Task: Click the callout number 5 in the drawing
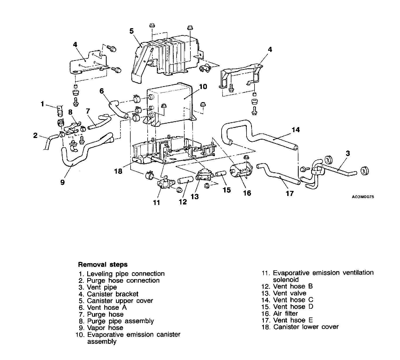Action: [131, 31]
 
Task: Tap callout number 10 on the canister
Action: [203, 87]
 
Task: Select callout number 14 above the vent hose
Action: [295, 130]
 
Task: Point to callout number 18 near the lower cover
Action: [118, 171]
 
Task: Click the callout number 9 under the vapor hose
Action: [62, 183]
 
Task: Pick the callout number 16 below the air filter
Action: [247, 193]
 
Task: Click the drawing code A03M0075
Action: [363, 197]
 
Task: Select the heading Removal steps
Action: [103, 265]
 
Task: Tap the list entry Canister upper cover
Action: [120, 301]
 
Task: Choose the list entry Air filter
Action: [285, 313]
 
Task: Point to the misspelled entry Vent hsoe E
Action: [293, 320]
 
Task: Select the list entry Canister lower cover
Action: [306, 327]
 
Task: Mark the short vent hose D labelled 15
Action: [221, 175]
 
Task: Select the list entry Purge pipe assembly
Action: [120, 321]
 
